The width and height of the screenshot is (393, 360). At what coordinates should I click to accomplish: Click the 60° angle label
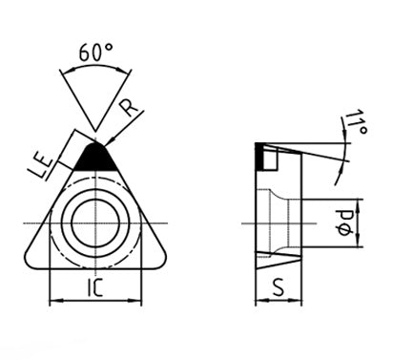[x=95, y=52]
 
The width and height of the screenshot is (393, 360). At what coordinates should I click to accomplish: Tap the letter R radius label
[x=129, y=108]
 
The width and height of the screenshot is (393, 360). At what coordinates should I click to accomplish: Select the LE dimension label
[x=42, y=166]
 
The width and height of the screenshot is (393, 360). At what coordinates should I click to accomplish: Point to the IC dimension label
[x=95, y=287]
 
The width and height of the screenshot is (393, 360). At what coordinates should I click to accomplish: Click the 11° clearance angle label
[x=356, y=122]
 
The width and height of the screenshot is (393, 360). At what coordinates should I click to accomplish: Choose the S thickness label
[x=279, y=287]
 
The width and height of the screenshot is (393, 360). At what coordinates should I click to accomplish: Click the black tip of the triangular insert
[x=95, y=157]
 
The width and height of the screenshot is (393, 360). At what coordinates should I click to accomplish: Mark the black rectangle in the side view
[x=259, y=157]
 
